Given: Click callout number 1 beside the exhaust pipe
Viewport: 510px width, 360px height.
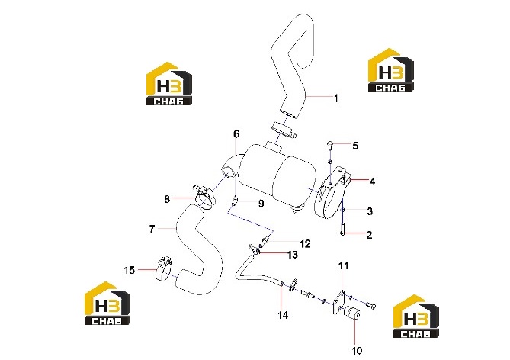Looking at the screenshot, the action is (x=336, y=98).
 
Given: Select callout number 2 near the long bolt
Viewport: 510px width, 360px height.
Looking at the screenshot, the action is (x=369, y=235).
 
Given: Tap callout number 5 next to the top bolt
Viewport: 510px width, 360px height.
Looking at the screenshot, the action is (x=355, y=146).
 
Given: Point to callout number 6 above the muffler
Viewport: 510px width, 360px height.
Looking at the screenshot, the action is (x=236, y=133).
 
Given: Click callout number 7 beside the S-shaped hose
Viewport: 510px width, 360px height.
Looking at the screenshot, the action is (x=152, y=229).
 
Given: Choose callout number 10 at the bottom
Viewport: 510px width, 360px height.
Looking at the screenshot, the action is (x=357, y=351).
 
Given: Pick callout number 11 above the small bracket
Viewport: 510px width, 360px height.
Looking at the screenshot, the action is (x=344, y=265).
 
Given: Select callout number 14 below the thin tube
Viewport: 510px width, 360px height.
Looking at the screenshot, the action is (x=283, y=315).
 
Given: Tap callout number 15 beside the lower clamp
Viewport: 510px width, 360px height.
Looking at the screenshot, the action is (x=130, y=270).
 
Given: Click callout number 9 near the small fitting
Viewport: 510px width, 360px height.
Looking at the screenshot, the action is (x=261, y=204).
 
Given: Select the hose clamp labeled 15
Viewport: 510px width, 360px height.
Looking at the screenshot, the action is (x=163, y=269).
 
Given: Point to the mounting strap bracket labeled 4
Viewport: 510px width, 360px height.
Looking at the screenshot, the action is (x=332, y=194).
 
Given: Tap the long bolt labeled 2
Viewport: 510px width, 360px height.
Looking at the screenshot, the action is (x=342, y=222).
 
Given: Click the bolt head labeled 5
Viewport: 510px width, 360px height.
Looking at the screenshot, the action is (x=330, y=143).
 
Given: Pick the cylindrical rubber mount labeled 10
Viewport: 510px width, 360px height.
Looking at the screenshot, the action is (x=351, y=313).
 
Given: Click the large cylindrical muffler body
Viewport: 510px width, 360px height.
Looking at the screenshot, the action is (x=277, y=178).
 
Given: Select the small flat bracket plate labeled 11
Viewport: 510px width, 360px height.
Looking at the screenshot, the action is (x=338, y=303).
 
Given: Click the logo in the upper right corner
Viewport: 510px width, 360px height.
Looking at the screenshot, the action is (x=390, y=70).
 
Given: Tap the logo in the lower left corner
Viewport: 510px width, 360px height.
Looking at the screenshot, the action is (x=107, y=304).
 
